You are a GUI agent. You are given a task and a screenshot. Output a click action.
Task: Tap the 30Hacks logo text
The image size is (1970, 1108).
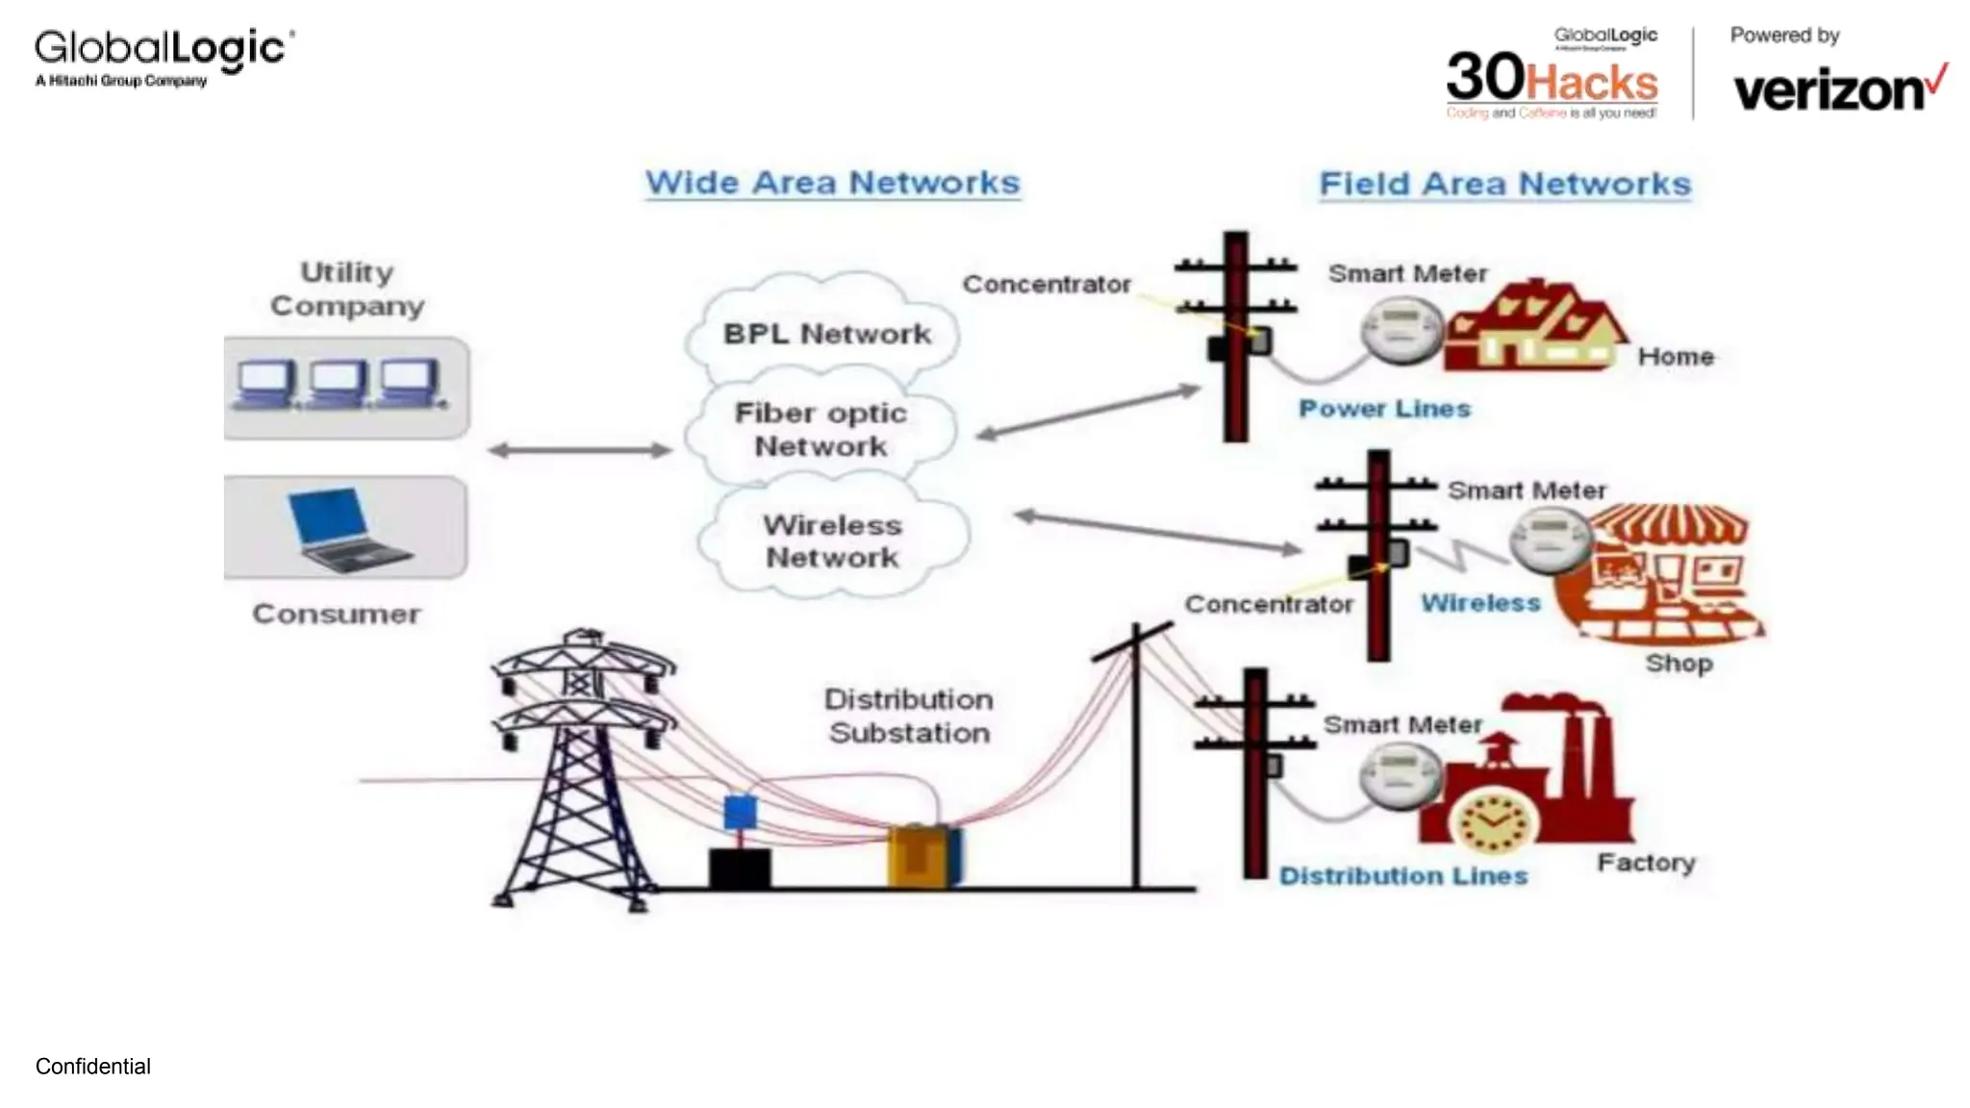pos(1552,80)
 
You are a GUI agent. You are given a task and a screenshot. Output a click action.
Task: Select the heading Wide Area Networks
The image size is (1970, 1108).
pos(832,183)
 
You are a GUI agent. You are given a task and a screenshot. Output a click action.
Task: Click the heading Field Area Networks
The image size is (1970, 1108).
pos(1504,184)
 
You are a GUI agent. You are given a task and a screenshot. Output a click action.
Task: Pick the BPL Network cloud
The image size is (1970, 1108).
pos(826,334)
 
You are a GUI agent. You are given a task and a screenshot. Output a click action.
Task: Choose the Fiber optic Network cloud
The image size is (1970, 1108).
pos(821,429)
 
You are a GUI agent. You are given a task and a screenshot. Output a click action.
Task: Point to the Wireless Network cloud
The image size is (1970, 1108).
pos(832,541)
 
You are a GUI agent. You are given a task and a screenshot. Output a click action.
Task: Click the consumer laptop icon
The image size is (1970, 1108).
pos(346,528)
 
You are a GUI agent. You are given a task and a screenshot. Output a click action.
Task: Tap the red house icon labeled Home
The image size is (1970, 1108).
pos(1535,327)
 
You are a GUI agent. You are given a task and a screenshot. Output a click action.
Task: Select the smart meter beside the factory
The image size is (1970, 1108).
pos(1401,776)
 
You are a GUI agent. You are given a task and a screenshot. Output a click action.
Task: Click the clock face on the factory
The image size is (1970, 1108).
pos(1492,823)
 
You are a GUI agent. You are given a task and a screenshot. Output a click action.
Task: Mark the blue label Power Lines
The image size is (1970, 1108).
pos(1384,409)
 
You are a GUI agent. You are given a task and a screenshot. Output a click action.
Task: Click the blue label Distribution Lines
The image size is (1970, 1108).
pos(1402,876)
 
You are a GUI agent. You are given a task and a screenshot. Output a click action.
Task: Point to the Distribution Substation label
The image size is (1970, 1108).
pos(909,716)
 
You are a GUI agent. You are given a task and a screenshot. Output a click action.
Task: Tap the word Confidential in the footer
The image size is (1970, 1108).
pos(93,1067)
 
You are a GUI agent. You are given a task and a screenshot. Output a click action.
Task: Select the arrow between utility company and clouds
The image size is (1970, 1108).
pos(579,450)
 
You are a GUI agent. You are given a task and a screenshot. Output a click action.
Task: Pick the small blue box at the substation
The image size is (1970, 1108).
pos(739,812)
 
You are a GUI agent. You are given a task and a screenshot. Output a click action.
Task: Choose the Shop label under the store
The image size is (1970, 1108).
pos(1679,663)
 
